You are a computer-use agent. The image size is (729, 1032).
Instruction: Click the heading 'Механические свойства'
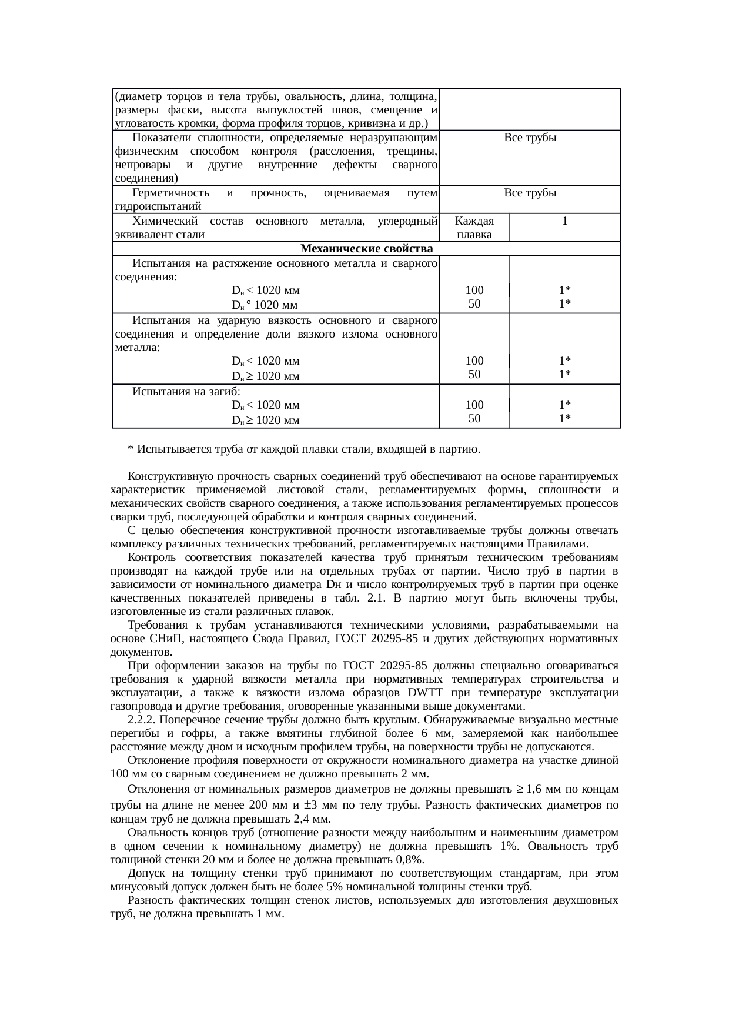point(366,249)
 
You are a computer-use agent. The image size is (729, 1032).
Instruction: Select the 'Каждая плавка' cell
point(474,228)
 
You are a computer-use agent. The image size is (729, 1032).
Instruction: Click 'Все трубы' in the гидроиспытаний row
point(530,193)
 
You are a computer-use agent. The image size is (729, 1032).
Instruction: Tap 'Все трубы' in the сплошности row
point(530,138)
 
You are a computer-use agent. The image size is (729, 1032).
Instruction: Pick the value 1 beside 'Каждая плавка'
point(564,221)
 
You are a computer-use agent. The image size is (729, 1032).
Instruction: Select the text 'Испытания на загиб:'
point(186,392)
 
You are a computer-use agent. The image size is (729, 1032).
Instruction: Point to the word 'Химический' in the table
point(162,221)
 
